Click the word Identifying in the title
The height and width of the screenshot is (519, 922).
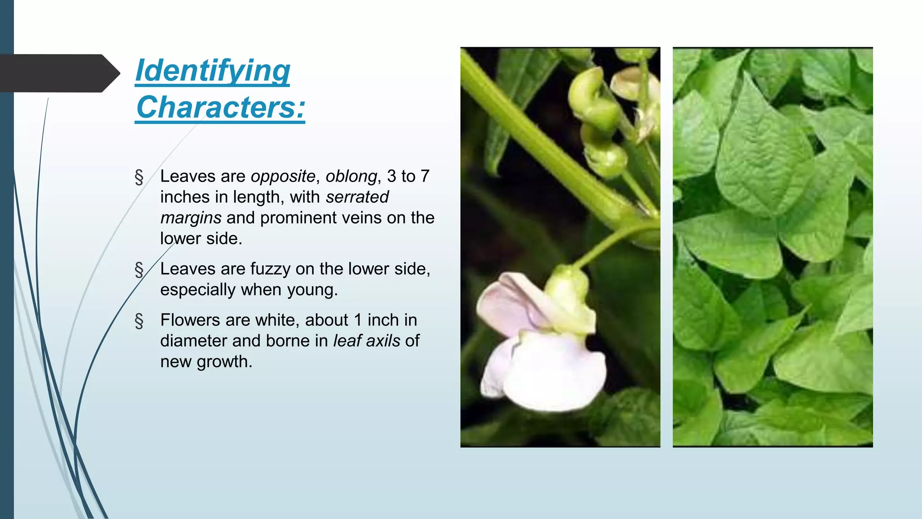pyautogui.click(x=212, y=71)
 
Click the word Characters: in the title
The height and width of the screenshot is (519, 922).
pyautogui.click(x=221, y=108)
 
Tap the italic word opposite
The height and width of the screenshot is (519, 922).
pyautogui.click(x=283, y=176)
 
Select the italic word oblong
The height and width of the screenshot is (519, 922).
pyautogui.click(x=351, y=176)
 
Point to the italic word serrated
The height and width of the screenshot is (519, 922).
pyautogui.click(x=357, y=197)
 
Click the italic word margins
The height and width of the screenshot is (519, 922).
pyautogui.click(x=191, y=218)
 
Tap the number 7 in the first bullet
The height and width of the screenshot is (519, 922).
pyautogui.click(x=425, y=176)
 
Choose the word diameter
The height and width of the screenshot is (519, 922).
pyautogui.click(x=194, y=341)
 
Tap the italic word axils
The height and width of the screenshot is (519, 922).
pyautogui.click(x=383, y=341)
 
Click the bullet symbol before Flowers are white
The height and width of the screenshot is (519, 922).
pyautogui.click(x=139, y=321)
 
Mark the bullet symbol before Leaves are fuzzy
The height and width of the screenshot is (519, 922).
pyautogui.click(x=139, y=269)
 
